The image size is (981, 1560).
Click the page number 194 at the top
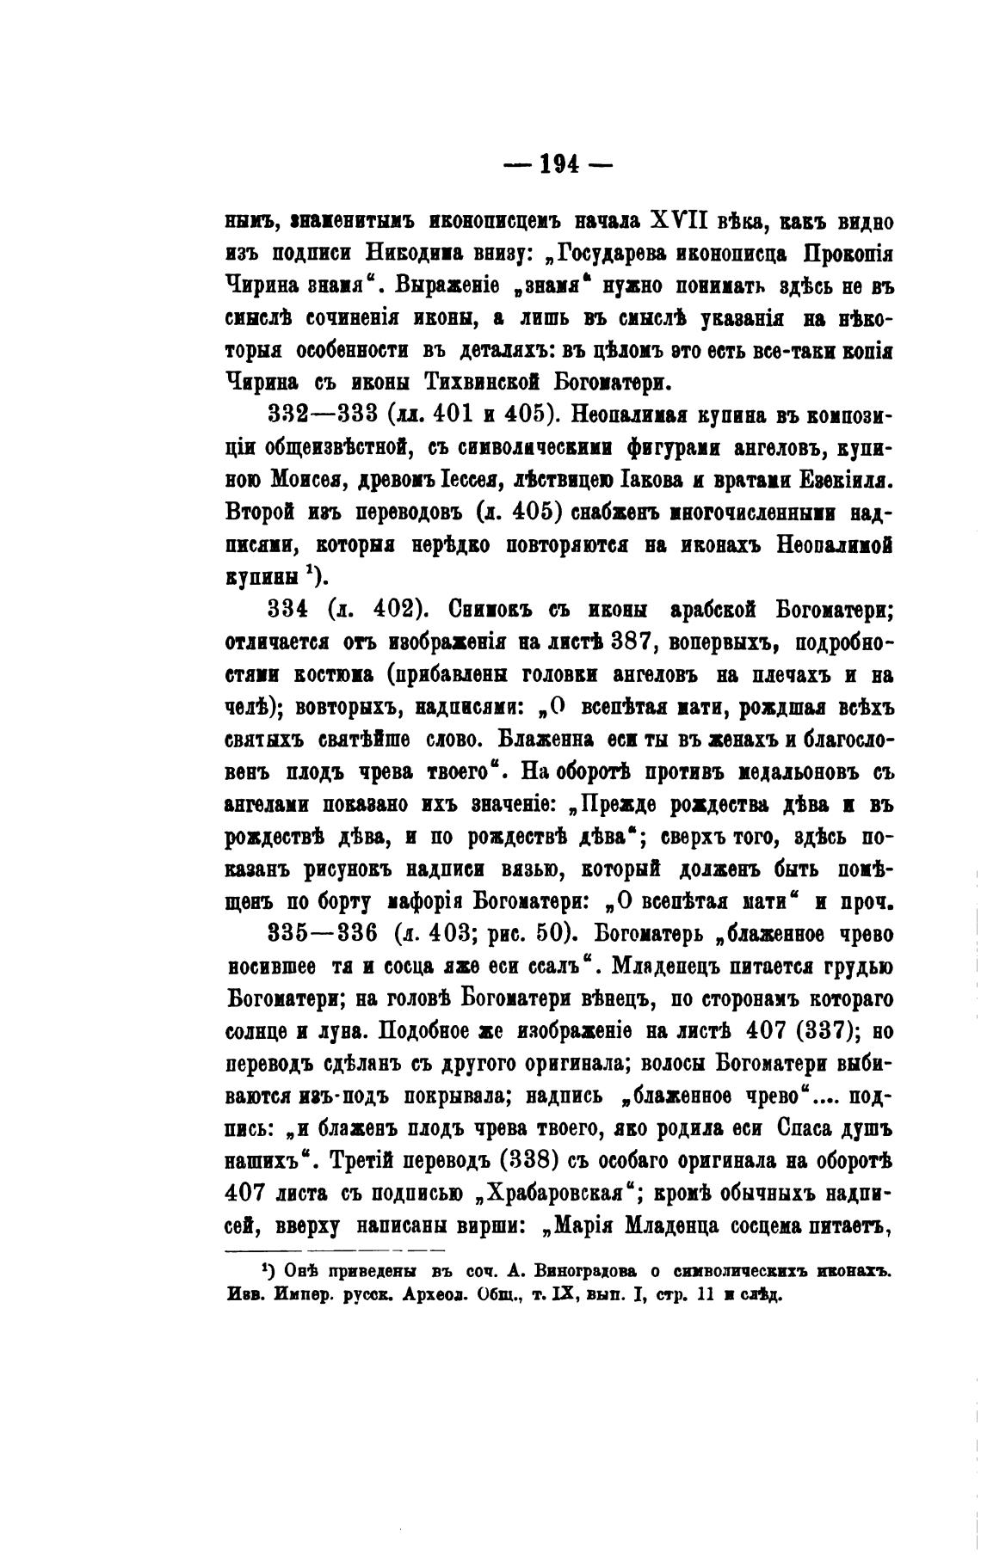[558, 163]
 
